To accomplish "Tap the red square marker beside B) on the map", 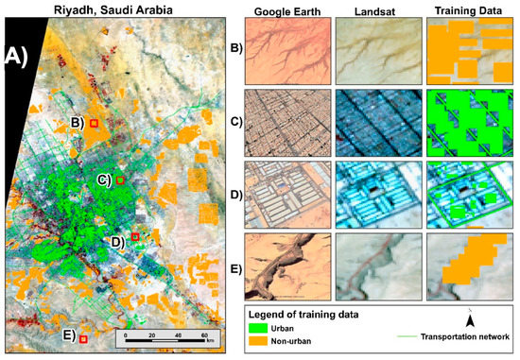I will [x=94, y=123].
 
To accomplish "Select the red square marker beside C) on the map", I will [x=120, y=179].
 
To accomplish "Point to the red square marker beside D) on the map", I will [x=135, y=237].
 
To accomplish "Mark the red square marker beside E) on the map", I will [x=83, y=338].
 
